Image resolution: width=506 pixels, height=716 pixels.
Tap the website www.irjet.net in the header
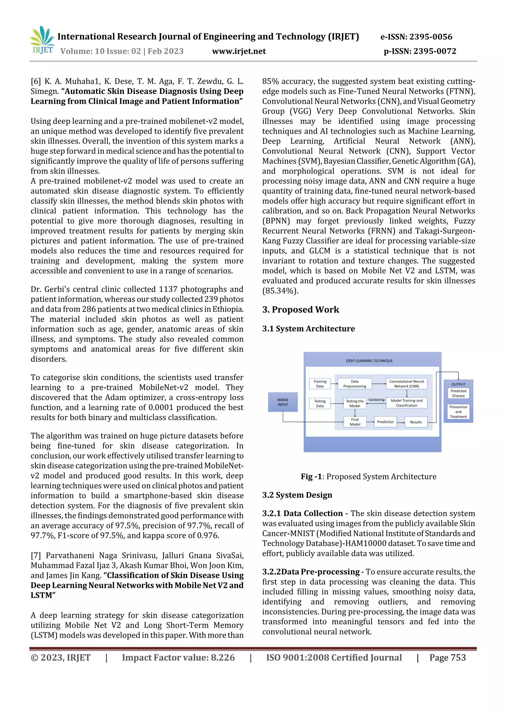239,51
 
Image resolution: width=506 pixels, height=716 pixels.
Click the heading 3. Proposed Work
300,310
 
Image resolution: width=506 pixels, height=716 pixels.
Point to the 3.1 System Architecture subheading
308,329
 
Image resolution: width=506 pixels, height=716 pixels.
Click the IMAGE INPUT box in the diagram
283,402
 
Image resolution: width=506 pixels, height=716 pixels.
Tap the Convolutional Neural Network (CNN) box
406,384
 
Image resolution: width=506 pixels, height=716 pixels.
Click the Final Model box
355,422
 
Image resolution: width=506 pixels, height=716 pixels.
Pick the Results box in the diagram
416,422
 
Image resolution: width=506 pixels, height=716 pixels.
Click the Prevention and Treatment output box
458,412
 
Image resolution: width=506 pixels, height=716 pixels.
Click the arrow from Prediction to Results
401,422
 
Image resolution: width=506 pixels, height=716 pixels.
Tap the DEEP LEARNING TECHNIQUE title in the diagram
369,361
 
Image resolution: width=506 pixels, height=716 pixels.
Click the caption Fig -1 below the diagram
311,477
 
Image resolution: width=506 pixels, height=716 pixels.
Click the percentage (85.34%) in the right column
280,291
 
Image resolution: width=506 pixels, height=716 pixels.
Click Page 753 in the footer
447,657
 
